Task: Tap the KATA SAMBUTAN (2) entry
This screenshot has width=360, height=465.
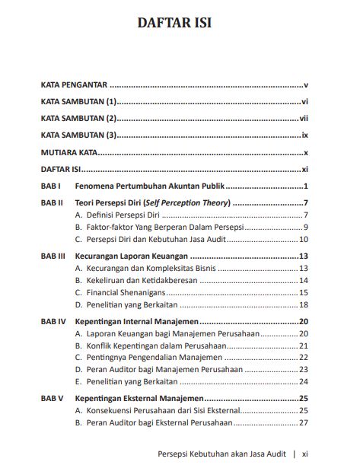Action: click(x=78, y=118)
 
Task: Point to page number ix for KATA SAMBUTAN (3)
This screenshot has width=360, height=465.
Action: click(x=304, y=135)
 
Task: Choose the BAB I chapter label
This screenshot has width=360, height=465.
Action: click(x=50, y=187)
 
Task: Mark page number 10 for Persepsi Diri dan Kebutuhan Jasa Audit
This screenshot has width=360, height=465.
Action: click(x=303, y=240)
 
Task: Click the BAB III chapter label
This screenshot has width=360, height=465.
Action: click(x=53, y=256)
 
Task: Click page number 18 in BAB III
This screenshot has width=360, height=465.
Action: click(x=303, y=304)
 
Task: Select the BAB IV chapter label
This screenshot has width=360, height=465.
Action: click(x=53, y=321)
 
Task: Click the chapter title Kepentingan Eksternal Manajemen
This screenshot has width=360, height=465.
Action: click(x=139, y=398)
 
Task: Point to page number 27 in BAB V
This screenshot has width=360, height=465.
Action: click(x=303, y=422)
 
